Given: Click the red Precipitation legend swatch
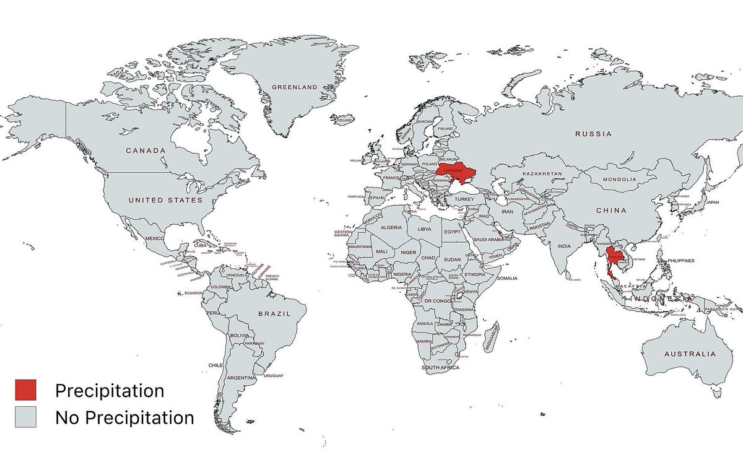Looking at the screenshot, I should (26, 391).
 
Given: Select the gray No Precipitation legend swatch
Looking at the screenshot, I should (26, 417).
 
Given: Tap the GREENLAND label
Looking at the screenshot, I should (295, 87).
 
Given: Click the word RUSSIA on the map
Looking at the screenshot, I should (593, 134).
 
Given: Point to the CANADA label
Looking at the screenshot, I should (146, 150).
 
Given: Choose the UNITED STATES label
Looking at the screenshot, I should (165, 200).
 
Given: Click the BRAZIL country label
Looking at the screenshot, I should (274, 314).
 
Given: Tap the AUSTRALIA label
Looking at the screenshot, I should (689, 354).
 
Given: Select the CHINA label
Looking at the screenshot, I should (612, 211).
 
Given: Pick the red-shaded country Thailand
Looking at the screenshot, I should (614, 259).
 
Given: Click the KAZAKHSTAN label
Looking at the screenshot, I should (542, 174).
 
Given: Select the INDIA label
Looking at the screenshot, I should (563, 246).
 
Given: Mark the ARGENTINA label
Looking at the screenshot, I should (241, 378).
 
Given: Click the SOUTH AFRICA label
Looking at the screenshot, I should (440, 368).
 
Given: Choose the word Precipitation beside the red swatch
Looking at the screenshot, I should (110, 391).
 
